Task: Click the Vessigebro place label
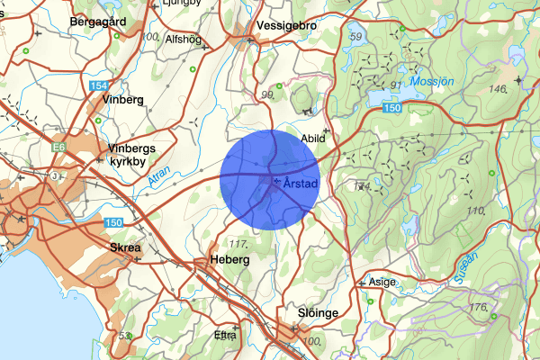[286, 25]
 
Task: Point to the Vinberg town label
[124, 99]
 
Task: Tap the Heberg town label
[229, 259]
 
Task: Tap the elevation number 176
[478, 308]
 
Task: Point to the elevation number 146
[498, 89]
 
